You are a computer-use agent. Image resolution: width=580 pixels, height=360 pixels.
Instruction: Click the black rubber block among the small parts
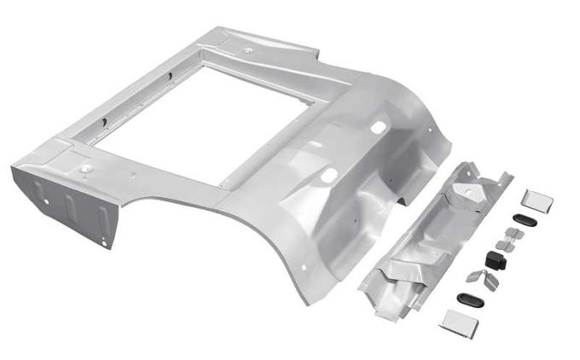(x=495, y=259)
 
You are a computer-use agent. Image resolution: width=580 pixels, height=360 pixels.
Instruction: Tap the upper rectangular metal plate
(x=537, y=201)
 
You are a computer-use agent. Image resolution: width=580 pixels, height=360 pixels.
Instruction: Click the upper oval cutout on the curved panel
(x=376, y=127)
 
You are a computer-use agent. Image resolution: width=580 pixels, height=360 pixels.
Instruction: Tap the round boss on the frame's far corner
(x=248, y=49)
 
